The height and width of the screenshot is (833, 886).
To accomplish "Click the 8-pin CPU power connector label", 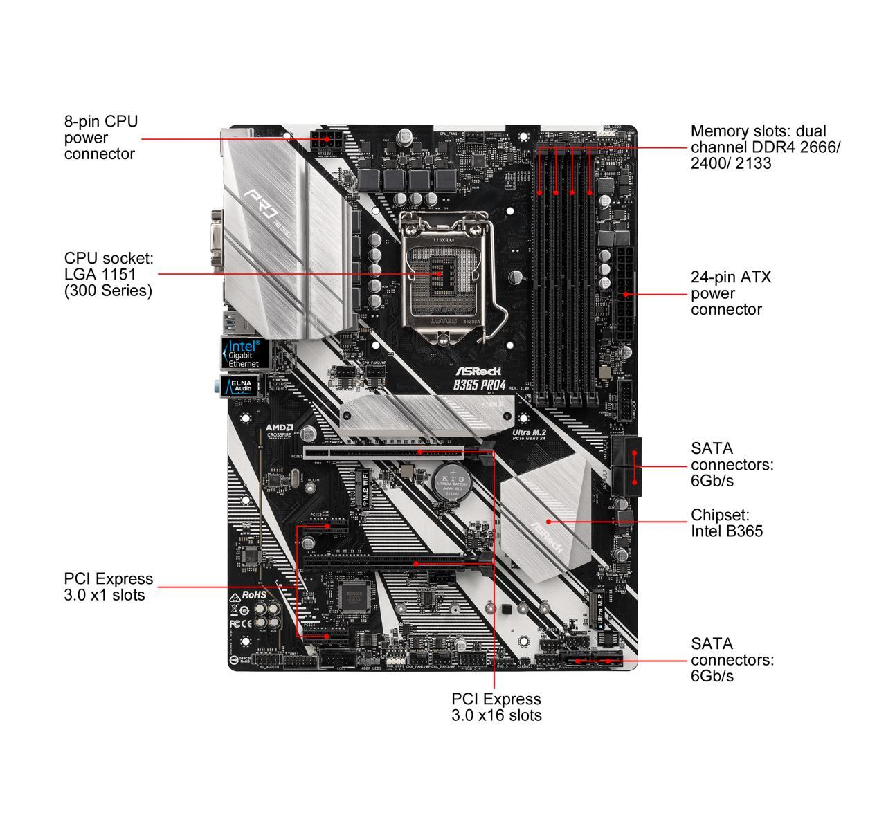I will click(x=101, y=138).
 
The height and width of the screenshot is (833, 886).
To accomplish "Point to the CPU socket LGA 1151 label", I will click(x=109, y=274).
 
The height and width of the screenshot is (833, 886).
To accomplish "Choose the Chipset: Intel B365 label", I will click(x=726, y=523).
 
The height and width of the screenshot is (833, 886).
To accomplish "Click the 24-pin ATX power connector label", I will click(x=730, y=293).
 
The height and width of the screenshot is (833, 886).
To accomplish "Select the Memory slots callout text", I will click(x=765, y=147).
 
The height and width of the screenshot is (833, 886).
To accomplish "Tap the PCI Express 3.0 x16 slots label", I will click(x=496, y=707).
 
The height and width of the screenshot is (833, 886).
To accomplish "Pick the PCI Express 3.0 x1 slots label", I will click(x=108, y=587).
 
